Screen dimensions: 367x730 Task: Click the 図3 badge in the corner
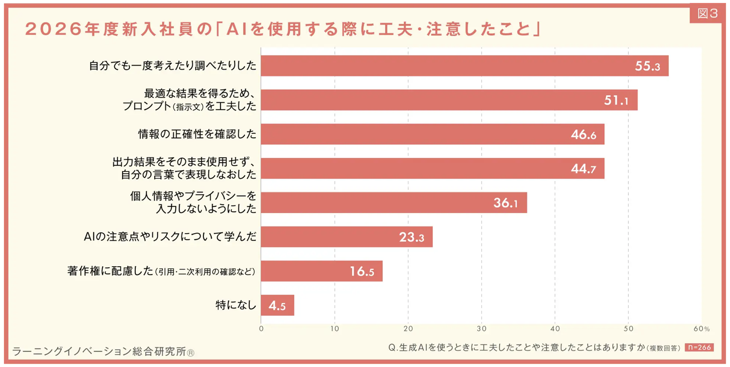(708, 14)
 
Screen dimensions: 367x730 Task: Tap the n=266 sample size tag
(699, 348)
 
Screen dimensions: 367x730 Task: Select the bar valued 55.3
(464, 66)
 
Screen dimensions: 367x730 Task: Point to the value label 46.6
(584, 135)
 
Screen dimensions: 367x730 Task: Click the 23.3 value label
(412, 237)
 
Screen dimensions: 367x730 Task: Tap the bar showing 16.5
(321, 271)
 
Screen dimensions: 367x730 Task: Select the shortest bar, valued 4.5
(277, 305)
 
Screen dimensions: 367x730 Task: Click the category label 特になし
(236, 305)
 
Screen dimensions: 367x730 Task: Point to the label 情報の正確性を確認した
(197, 134)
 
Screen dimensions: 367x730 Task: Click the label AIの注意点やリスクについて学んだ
(170, 237)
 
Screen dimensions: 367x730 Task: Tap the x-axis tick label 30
(482, 329)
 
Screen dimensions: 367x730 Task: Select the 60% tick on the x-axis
(702, 329)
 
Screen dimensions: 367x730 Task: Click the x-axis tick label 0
(261, 329)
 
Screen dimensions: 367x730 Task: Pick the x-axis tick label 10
(335, 329)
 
